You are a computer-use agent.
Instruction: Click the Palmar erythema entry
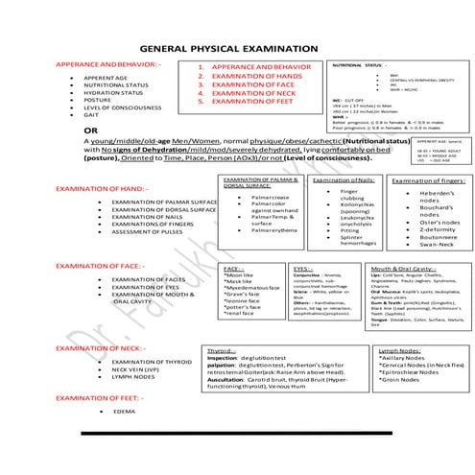pyautogui.click(x=257, y=230)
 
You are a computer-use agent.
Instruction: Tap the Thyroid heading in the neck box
pyautogui.click(x=223, y=351)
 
